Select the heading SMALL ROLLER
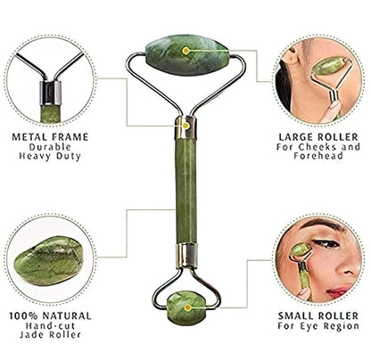click(x=319, y=315)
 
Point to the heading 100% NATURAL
click(x=51, y=315)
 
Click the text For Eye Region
click(x=318, y=326)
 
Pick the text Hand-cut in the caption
click(x=50, y=326)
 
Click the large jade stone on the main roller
click(x=187, y=55)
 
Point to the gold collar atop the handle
click(x=185, y=127)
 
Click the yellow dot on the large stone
click(x=186, y=51)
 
